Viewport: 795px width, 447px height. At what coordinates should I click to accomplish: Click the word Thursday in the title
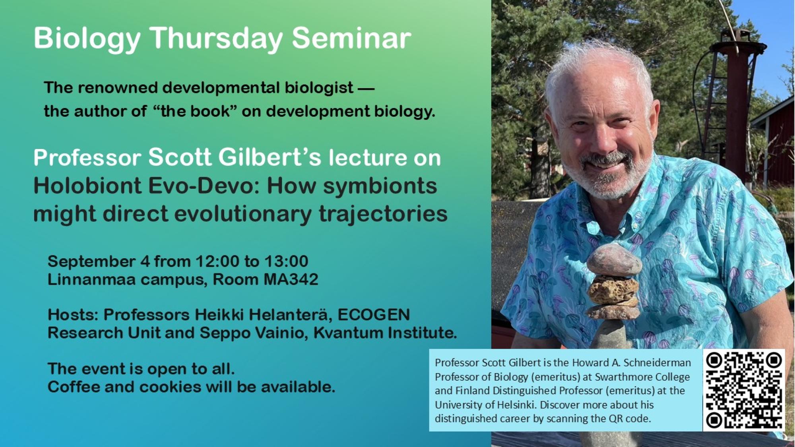[217, 39]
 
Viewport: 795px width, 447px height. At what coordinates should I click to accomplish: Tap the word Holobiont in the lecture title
[87, 185]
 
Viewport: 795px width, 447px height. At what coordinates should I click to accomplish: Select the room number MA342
[291, 279]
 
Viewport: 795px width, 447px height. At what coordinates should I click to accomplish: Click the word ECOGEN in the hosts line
[374, 315]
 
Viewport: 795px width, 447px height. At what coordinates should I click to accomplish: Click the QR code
[744, 390]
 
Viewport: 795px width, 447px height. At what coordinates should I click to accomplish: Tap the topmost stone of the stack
[614, 260]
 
